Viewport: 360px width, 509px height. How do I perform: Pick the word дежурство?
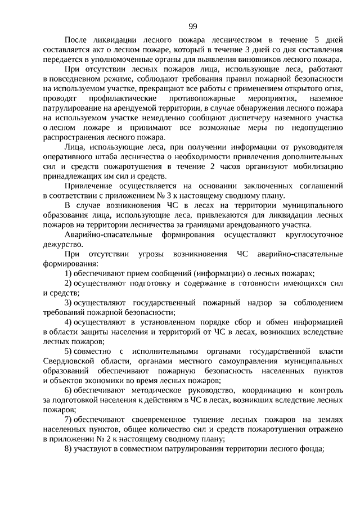pyautogui.click(x=62, y=244)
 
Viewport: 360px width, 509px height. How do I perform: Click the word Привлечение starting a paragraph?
pyautogui.click(x=88, y=186)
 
